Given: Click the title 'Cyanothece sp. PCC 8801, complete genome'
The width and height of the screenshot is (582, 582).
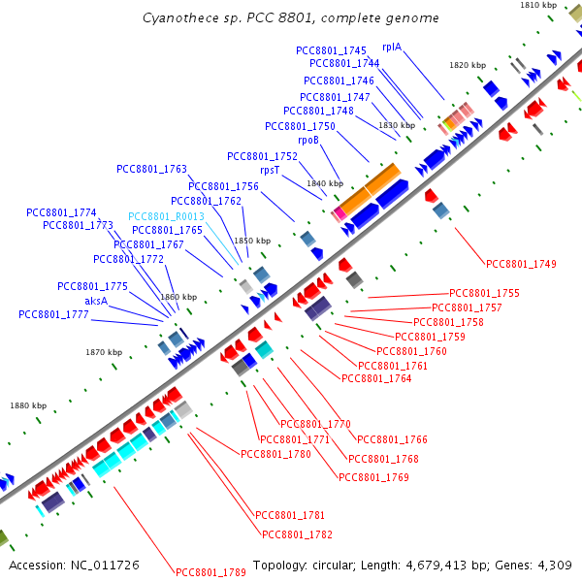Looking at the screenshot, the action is pyautogui.click(x=291, y=17).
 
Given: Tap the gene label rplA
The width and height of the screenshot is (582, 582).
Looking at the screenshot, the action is pyautogui.click(x=392, y=47).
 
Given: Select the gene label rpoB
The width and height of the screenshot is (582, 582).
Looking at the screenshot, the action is pyautogui.click(x=308, y=141).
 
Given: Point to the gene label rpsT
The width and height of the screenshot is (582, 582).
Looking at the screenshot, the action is pyautogui.click(x=270, y=170).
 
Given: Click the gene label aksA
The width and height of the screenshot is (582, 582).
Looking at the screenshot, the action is pyautogui.click(x=96, y=301).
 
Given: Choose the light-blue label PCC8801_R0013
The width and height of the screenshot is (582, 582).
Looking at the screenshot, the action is pyautogui.click(x=166, y=216).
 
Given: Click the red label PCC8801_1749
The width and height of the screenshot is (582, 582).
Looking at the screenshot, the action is pyautogui.click(x=521, y=264).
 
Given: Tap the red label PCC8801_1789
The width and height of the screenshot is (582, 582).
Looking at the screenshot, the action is pyautogui.click(x=210, y=572).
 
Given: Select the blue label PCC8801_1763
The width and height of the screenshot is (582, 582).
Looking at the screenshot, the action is pyautogui.click(x=151, y=169).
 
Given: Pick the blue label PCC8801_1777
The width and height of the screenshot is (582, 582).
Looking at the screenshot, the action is pyautogui.click(x=53, y=314).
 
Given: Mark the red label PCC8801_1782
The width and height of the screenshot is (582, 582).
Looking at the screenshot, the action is pyautogui.click(x=298, y=534).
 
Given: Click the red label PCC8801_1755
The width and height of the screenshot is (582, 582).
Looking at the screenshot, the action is pyautogui.click(x=484, y=293).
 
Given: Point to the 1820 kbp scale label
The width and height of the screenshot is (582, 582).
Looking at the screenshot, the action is pyautogui.click(x=468, y=65).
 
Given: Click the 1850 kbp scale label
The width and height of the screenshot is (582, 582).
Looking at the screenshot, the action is pyautogui.click(x=252, y=241).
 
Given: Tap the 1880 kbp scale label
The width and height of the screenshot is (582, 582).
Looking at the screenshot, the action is pyautogui.click(x=28, y=405).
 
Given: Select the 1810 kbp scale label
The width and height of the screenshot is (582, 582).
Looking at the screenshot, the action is pyautogui.click(x=538, y=5).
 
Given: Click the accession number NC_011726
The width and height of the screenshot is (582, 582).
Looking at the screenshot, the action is pyautogui.click(x=105, y=566).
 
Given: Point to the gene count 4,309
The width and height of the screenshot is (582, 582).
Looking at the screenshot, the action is pyautogui.click(x=555, y=566).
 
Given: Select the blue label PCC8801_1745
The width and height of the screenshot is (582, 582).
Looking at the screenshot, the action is pyautogui.click(x=331, y=50).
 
